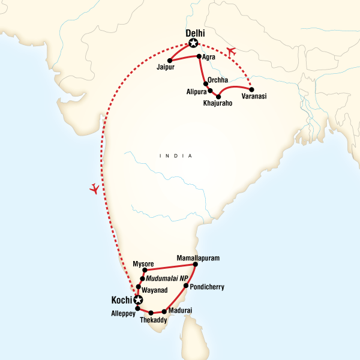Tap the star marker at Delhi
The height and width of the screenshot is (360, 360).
point(193,43)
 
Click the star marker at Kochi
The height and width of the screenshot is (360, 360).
point(139,300)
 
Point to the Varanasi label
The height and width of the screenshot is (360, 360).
point(254,96)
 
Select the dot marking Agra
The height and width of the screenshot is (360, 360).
point(199,56)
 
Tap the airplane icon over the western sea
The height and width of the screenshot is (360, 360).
point(94,189)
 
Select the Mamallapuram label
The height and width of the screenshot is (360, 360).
point(198,258)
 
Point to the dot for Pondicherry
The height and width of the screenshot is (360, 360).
point(185,286)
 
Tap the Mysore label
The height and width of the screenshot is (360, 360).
point(143,263)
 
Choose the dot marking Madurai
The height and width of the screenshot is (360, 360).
point(164,311)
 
